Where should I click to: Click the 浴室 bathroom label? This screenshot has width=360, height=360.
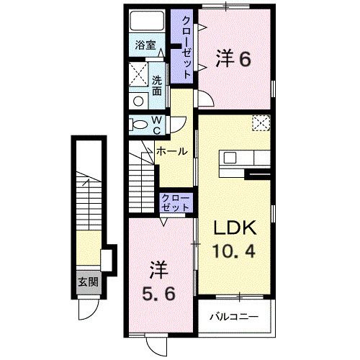pyautogui.click(x=145, y=45)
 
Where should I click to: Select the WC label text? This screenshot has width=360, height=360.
pyautogui.click(x=156, y=125)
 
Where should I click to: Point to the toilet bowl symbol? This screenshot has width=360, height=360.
pyautogui.click(x=138, y=125)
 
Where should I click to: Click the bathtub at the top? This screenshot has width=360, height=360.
pyautogui.click(x=148, y=21)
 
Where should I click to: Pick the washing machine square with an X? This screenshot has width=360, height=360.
pyautogui.click(x=138, y=74)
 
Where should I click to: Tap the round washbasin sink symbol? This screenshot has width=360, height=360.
pyautogui.click(x=137, y=101)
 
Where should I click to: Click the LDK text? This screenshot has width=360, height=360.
pyautogui.click(x=233, y=229)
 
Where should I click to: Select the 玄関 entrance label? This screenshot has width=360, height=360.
pyautogui.click(x=88, y=281)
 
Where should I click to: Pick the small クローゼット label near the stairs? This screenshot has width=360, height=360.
pyautogui.click(x=175, y=202)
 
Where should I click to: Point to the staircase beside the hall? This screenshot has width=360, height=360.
pyautogui.click(x=143, y=184)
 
